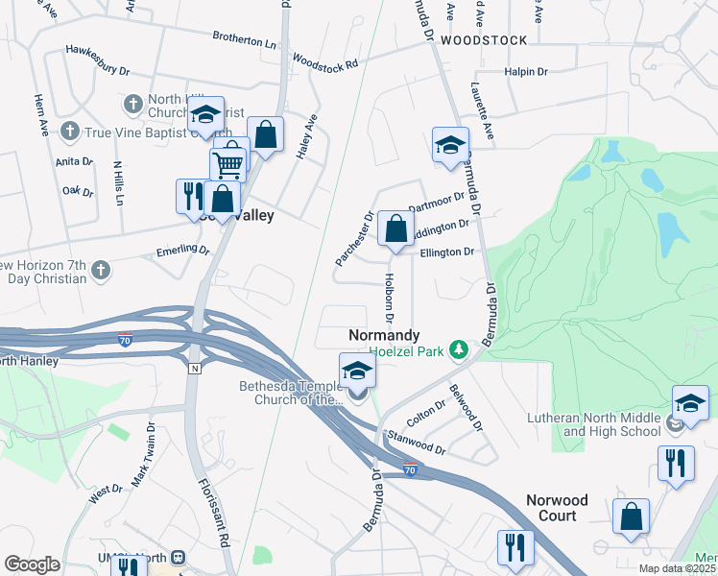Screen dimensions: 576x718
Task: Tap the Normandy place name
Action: coord(383,335)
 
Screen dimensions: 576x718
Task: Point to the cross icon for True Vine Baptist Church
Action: coord(69,130)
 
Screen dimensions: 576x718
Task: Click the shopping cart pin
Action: coord(228,163)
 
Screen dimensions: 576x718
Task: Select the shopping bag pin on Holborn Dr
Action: coord(395,228)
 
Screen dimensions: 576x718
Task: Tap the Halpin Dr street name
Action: coord(524,72)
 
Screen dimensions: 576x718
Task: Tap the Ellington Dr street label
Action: coord(447,252)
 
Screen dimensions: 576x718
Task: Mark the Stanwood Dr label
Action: coord(417,443)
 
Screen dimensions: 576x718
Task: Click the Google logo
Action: coord(32,564)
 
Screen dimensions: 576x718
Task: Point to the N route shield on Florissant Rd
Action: coord(195,368)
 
